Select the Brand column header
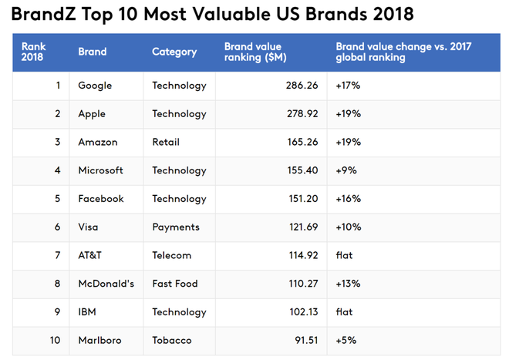click(93, 52)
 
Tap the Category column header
click(174, 52)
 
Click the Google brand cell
click(95, 86)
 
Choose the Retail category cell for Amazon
click(166, 142)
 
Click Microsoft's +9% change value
click(346, 170)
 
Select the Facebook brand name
click(101, 199)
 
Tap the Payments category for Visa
click(176, 227)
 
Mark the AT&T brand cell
click(90, 255)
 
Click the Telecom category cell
click(172, 255)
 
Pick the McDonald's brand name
click(106, 284)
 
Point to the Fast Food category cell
click(175, 284)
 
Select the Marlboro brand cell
click(99, 341)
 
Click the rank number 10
click(55, 341)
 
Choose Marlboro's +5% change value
click(346, 341)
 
